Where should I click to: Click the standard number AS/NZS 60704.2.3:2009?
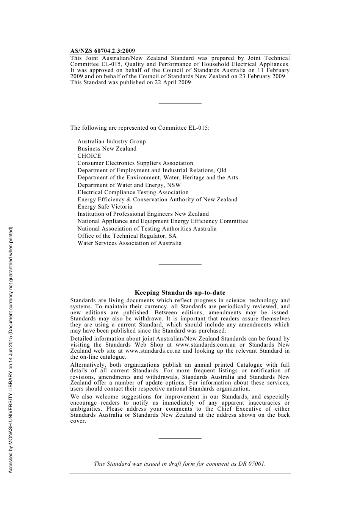(102, 51)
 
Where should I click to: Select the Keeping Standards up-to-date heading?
(180, 293)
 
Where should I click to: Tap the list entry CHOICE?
(89, 156)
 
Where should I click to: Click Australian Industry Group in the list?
(111, 141)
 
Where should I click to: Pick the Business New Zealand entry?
(107, 149)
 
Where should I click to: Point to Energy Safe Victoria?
(105, 207)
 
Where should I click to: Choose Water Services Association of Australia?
(130, 243)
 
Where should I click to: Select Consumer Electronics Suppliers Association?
(135, 163)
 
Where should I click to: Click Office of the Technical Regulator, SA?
(127, 236)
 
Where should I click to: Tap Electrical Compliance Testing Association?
(133, 192)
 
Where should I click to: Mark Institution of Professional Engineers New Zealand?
(143, 214)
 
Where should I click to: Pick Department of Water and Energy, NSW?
(129, 185)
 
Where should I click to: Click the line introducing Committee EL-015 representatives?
(140, 128)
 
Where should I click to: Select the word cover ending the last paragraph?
(78, 421)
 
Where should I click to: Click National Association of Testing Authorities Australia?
(147, 229)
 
